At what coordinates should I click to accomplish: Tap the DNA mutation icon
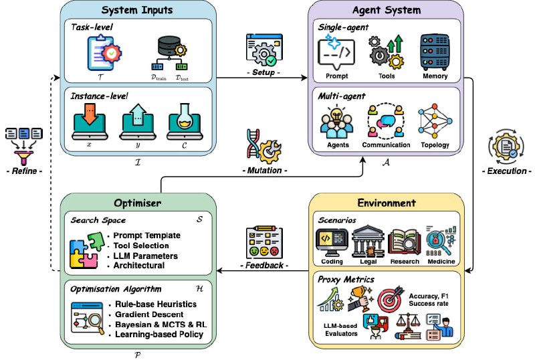(x=263, y=146)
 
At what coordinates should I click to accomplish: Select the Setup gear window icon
(x=264, y=50)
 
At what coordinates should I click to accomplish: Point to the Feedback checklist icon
(x=264, y=242)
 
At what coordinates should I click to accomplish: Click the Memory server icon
(x=434, y=52)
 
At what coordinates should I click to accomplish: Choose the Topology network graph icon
(x=435, y=120)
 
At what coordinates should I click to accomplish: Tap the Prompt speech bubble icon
(x=336, y=52)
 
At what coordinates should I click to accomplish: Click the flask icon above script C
(x=185, y=122)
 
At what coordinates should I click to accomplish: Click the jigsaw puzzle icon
(x=87, y=250)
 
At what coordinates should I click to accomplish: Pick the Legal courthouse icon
(x=368, y=242)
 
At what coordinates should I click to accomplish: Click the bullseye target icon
(x=391, y=298)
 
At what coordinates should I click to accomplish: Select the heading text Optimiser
(x=138, y=203)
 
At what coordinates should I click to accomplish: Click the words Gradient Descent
(x=149, y=314)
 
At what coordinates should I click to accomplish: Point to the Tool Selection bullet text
(x=141, y=246)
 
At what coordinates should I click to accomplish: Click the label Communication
(x=386, y=145)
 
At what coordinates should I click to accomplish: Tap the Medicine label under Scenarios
(x=441, y=261)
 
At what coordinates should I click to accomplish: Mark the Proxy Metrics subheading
(x=346, y=280)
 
